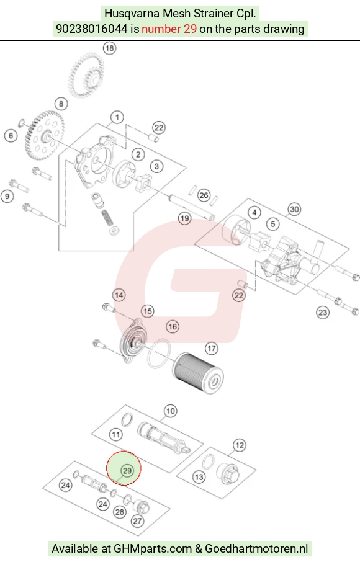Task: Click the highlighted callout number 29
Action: coord(127,470)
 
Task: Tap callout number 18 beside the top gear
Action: coord(109,48)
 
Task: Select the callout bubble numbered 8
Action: coord(61,104)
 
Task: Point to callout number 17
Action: coord(212,348)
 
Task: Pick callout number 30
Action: coord(294,209)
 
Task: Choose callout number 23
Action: coord(323,313)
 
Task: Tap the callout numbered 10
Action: coord(170,411)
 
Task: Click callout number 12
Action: coord(239,445)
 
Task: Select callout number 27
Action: coord(138,520)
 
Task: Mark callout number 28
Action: coord(120,512)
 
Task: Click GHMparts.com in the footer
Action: coord(153,548)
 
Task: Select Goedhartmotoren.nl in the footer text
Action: coord(256,548)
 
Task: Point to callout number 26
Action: coord(204,195)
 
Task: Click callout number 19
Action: coord(185,218)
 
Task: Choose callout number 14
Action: coord(119,295)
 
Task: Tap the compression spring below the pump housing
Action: coord(106,218)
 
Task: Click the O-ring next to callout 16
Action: coord(159,353)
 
